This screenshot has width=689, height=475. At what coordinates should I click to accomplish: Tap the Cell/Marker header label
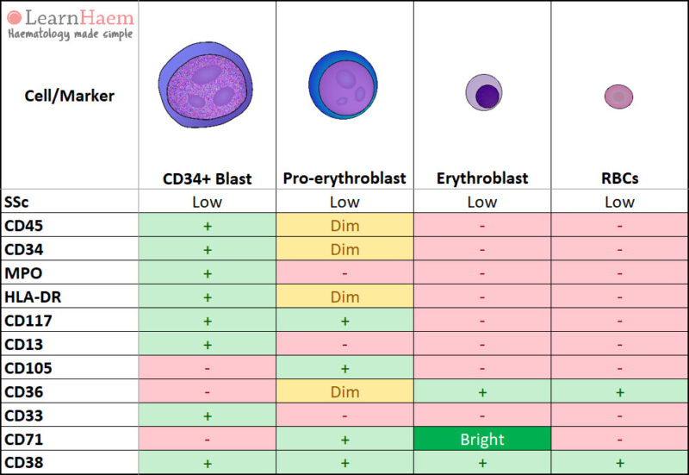click(69, 95)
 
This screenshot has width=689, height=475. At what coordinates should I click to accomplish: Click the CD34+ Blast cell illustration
click(207, 86)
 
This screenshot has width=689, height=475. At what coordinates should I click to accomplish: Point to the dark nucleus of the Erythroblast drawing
click(488, 94)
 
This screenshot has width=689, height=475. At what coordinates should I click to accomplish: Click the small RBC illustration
click(618, 97)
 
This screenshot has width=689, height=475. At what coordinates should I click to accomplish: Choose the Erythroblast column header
click(481, 178)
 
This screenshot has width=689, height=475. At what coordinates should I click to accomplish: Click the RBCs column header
click(619, 178)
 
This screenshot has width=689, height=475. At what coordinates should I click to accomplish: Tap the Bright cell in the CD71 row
click(481, 439)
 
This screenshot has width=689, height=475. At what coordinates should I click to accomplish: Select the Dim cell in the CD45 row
click(344, 226)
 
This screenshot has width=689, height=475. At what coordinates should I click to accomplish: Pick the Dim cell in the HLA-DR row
click(344, 297)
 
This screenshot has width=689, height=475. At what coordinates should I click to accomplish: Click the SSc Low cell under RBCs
click(619, 202)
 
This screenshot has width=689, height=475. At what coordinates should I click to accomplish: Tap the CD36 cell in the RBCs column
click(619, 391)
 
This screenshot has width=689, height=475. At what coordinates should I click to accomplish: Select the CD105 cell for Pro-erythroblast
click(344, 368)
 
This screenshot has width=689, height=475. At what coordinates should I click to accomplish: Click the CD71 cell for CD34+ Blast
click(207, 439)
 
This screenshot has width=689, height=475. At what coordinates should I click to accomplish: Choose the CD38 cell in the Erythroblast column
click(481, 463)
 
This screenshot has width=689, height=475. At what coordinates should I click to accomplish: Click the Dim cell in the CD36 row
click(344, 391)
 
